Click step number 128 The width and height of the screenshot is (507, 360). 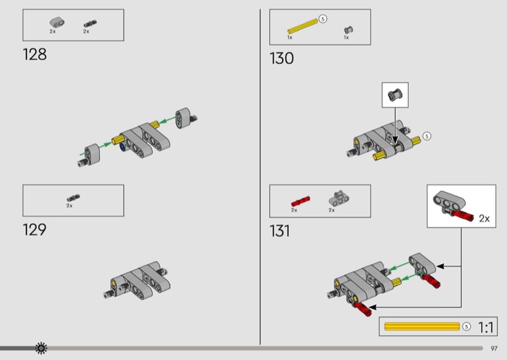coord(35,55)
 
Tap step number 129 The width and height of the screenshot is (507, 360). coord(35,229)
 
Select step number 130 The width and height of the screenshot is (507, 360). coord(281,58)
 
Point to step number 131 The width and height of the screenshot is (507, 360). coord(280,231)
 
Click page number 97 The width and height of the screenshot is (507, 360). coord(494,349)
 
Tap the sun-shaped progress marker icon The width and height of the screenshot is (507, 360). coord(41,348)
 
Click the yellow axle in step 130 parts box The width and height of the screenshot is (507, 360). coord(303,26)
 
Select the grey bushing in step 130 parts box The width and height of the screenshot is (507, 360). coord(348,30)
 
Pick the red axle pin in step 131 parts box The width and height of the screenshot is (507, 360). coord(300,201)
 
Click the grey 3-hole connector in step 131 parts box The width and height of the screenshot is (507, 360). coord(339,198)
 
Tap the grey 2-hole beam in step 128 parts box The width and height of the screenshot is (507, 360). coord(57,22)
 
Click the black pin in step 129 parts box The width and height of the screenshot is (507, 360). coord(74,198)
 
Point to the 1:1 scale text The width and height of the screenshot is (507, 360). coord(486,327)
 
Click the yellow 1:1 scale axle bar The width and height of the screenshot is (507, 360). coord(422,326)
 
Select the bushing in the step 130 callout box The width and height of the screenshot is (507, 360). coord(395,94)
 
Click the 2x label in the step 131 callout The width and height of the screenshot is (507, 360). coord(484,219)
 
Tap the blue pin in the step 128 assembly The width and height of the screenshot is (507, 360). coord(123,148)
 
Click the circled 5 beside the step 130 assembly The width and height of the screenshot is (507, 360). coord(427,136)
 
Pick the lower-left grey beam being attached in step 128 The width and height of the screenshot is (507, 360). coord(92,153)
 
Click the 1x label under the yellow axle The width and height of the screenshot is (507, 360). coord(290,37)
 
